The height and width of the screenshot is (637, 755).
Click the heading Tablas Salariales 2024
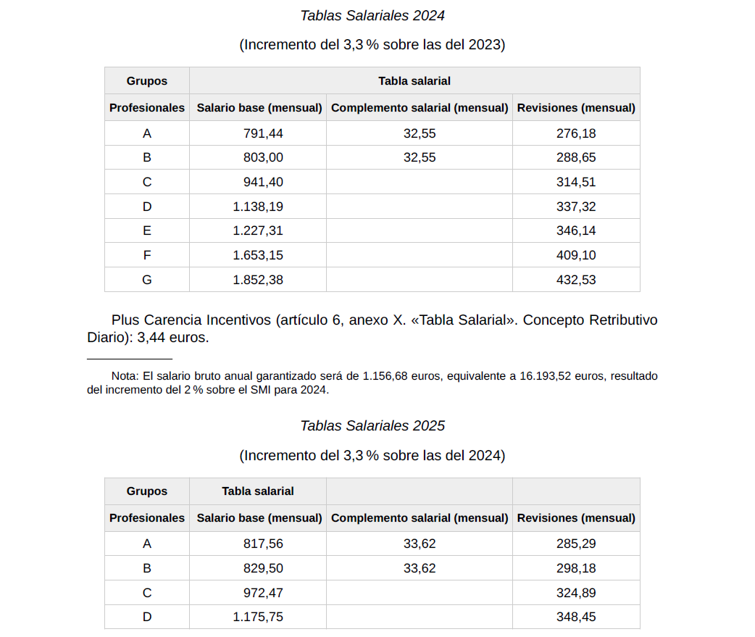(x=372, y=15)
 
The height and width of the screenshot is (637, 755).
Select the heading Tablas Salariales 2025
(x=372, y=426)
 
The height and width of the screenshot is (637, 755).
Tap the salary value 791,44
(x=263, y=133)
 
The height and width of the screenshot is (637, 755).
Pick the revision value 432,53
(x=576, y=280)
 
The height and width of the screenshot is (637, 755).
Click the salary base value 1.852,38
(x=258, y=280)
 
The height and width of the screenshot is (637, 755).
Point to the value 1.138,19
(x=258, y=207)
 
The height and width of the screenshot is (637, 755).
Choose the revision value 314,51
(x=576, y=182)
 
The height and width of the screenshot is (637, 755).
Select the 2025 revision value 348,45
(x=576, y=617)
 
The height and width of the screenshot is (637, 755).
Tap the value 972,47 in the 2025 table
(x=263, y=593)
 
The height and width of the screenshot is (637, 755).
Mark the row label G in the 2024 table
(x=147, y=280)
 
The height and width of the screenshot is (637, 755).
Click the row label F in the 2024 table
(x=147, y=255)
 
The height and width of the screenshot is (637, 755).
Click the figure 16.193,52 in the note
(x=549, y=377)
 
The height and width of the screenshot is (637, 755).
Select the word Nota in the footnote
(x=125, y=377)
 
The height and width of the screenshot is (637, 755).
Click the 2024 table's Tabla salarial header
(x=414, y=81)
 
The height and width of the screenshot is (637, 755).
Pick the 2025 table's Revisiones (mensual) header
(x=576, y=518)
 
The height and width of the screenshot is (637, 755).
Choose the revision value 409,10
(x=576, y=255)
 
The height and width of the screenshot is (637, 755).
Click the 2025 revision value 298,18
(x=576, y=568)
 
